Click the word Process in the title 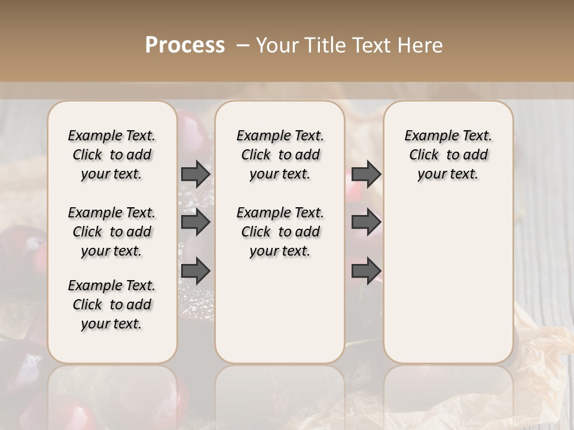[185, 45]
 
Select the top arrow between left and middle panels [196, 174]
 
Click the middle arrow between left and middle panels [196, 223]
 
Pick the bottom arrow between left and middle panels [196, 271]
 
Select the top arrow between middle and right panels [366, 174]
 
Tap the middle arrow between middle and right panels [366, 223]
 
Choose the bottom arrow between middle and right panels [366, 271]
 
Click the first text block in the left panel [112, 155]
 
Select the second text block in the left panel [112, 232]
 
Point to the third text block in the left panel [112, 305]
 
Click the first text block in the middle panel [280, 155]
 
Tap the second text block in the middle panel [280, 232]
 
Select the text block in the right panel [448, 155]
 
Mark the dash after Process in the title [243, 45]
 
